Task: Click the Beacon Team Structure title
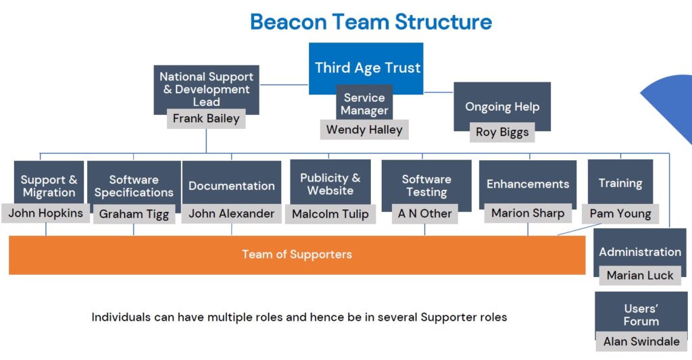point(370,22)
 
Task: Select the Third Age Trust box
point(367,68)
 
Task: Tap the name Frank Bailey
point(206,119)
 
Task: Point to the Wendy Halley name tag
point(364,129)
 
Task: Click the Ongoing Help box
point(501,106)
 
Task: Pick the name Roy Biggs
point(501,132)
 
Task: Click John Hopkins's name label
point(46,213)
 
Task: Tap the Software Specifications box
point(134,185)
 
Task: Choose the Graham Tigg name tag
point(134,214)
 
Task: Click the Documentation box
point(231,185)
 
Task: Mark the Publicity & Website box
point(330,183)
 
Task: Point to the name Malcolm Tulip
point(330,214)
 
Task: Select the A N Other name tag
point(425,213)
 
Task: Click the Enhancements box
point(528,184)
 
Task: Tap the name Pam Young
point(620,213)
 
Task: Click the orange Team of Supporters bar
point(297,255)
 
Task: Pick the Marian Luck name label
point(639,275)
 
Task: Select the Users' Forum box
point(641,315)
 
